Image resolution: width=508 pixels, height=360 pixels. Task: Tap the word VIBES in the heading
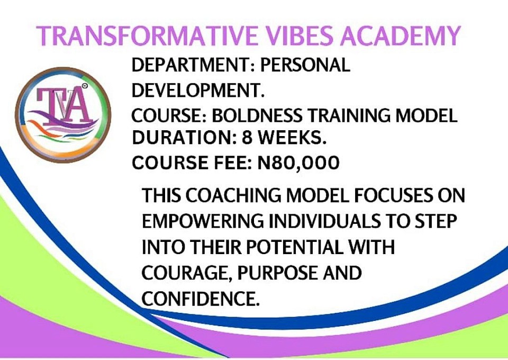pyautogui.click(x=299, y=35)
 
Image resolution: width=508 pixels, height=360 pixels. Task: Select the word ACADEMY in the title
pyautogui.click(x=400, y=35)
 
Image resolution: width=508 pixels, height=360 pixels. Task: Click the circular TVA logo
pyautogui.click(x=63, y=115)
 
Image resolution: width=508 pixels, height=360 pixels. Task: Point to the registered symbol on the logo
pyautogui.click(x=85, y=86)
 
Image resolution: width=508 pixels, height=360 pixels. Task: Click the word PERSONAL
pyautogui.click(x=305, y=65)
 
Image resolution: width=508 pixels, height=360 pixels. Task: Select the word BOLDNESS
pyautogui.click(x=257, y=116)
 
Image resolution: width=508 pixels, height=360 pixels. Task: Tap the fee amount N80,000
pyautogui.click(x=298, y=163)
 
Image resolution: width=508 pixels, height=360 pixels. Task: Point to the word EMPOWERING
pyautogui.click(x=203, y=221)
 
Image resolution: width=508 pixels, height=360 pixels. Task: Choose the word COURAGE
pyautogui.click(x=187, y=273)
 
